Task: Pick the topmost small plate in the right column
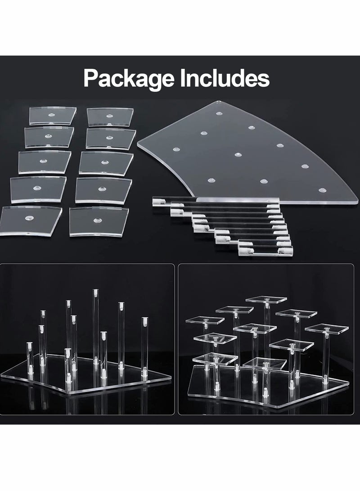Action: pyautogui.click(x=110, y=117)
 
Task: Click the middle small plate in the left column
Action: pyautogui.click(x=44, y=162)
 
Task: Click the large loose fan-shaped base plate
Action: pyautogui.click(x=252, y=158)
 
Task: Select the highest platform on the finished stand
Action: pyautogui.click(x=266, y=299)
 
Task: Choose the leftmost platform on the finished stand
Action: pyautogui.click(x=205, y=320)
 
